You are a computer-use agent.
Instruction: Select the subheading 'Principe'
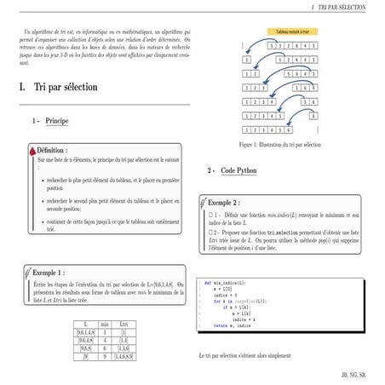point(57,122)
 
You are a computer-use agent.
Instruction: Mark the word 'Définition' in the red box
point(52,149)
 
